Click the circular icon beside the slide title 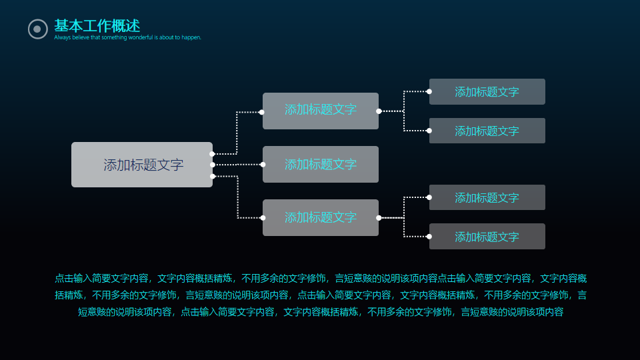tap(37, 29)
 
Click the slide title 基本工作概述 tap(97, 26)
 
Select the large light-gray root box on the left tap(142, 165)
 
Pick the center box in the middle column tap(321, 164)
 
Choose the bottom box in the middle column tap(321, 217)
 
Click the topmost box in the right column tap(487, 92)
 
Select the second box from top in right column tap(487, 131)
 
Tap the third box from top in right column tap(487, 197)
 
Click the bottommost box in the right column tap(487, 237)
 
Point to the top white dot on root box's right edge tap(212, 154)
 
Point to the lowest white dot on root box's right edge tap(212, 176)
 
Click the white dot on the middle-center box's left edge tap(263, 164)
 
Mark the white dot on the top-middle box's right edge tap(379, 111)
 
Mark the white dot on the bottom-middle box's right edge tap(379, 218)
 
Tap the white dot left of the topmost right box tap(429, 91)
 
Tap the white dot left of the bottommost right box tap(429, 237)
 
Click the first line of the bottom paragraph tap(321, 279)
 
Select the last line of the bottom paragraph tap(321, 312)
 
